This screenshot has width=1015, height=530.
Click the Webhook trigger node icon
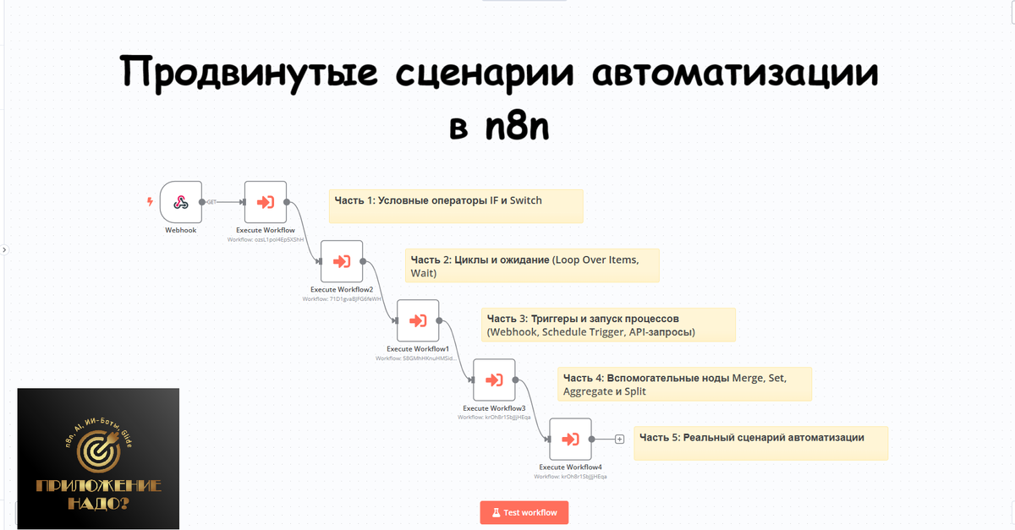click(x=181, y=202)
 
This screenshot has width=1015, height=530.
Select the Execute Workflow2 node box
click(x=342, y=261)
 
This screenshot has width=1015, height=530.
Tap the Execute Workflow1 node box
click(x=418, y=320)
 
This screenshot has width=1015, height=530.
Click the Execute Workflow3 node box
click(x=494, y=380)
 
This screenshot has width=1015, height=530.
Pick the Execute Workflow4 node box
click(x=570, y=439)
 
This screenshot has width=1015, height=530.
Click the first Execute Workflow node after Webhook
click(x=266, y=202)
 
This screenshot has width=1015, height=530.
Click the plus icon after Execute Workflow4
click(x=620, y=439)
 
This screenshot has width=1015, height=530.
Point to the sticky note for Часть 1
click(x=456, y=205)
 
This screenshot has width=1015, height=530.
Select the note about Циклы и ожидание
click(x=532, y=265)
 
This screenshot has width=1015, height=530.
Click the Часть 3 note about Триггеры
click(x=608, y=325)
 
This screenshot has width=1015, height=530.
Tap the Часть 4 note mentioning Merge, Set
click(x=684, y=384)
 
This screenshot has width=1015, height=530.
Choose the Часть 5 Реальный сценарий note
click(x=760, y=443)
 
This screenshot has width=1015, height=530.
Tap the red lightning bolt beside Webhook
click(x=151, y=202)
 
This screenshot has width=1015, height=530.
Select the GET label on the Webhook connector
click(x=212, y=202)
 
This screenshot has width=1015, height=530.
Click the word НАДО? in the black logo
click(x=98, y=505)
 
